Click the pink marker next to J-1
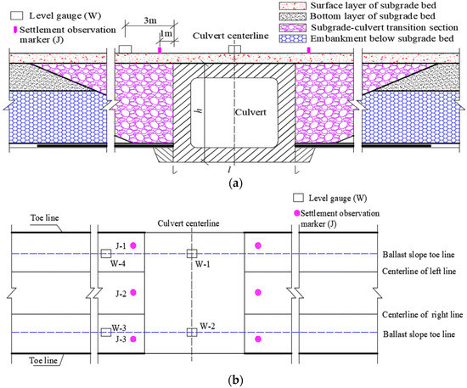point(133,245)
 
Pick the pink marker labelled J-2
point(133,293)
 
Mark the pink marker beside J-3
point(133,340)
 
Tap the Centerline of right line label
point(415,315)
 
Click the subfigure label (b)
point(233,381)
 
